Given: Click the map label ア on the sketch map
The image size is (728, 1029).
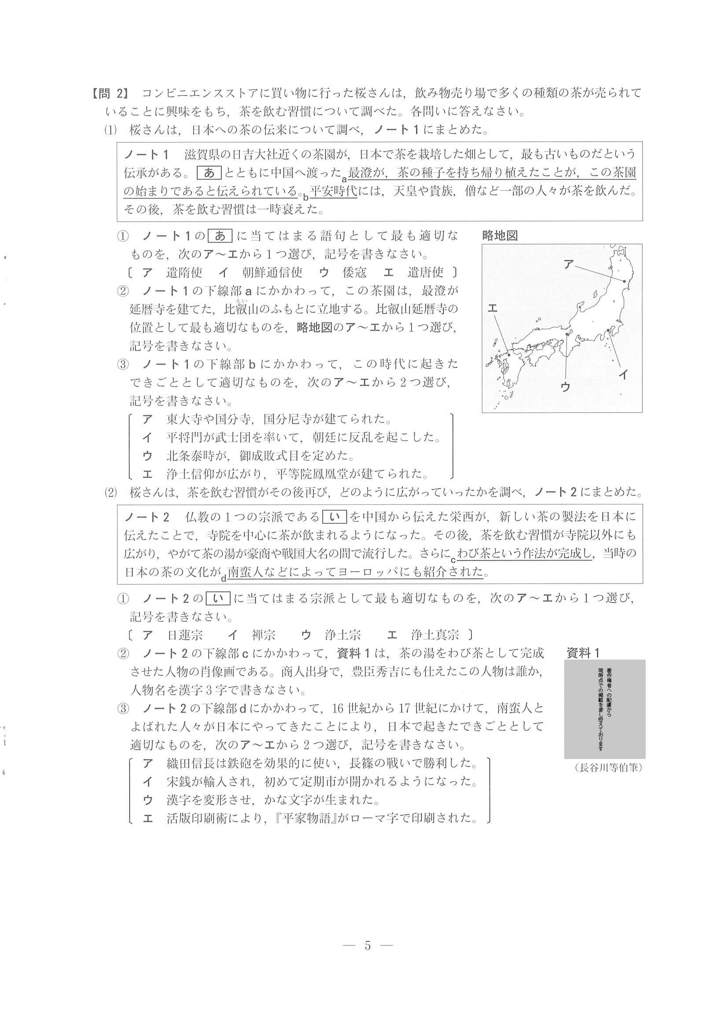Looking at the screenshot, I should click(569, 264).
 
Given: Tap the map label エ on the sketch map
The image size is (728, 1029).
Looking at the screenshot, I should click(492, 308).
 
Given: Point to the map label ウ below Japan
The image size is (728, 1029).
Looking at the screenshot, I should click(565, 387).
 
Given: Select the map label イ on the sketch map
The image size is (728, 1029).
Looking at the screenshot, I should click(623, 375).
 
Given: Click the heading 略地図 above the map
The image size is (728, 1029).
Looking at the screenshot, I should click(500, 236).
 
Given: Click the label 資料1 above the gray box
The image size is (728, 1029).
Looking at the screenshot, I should click(583, 653).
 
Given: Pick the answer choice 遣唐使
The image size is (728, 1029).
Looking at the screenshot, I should click(425, 272).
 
